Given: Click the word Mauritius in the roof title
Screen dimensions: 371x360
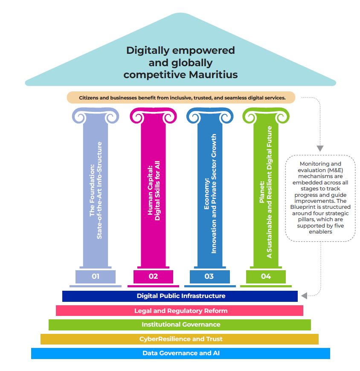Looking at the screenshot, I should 211,75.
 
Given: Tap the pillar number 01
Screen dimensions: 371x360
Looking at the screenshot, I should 96,276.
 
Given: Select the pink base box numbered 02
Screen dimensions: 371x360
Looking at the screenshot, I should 153,276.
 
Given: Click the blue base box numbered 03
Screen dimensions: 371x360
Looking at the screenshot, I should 209,276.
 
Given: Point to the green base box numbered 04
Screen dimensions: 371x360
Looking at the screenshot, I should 266,276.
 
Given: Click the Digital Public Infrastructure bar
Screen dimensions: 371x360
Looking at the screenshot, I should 180,296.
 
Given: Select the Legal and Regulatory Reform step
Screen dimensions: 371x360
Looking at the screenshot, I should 180,310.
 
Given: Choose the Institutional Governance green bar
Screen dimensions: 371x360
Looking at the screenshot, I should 180,324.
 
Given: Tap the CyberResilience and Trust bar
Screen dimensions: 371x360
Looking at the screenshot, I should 180,339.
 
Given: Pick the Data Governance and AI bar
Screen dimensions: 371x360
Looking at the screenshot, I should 180,353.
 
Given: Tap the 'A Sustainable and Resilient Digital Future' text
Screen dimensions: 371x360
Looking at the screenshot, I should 269,192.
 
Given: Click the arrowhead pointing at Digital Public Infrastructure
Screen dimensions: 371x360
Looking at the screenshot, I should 303,295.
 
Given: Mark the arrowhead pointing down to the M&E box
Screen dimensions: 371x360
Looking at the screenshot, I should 319,148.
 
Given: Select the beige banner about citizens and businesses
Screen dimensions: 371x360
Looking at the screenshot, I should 181,98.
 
